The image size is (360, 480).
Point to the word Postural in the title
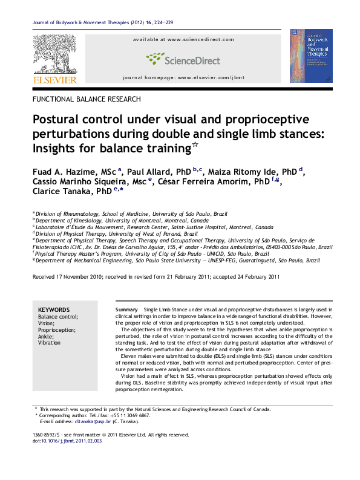56,117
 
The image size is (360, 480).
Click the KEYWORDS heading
54,309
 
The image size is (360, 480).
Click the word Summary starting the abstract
125,309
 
